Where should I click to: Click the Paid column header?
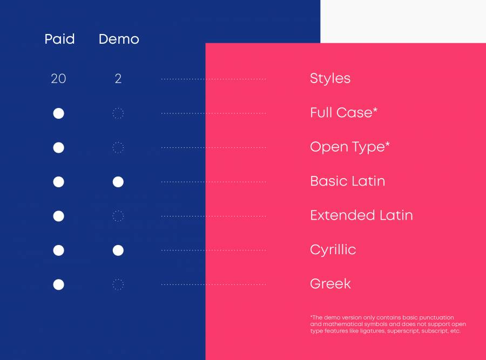[x=59, y=39]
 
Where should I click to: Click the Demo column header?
[x=119, y=39]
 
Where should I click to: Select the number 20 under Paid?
[x=58, y=79]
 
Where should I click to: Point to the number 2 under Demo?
[x=118, y=79]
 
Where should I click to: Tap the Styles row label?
[x=330, y=78]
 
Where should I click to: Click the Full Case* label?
[x=344, y=112]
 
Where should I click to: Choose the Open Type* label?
[x=349, y=147]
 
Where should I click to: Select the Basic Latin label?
[x=347, y=181]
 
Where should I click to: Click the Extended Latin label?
[x=361, y=215]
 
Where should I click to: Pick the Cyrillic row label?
[x=333, y=250]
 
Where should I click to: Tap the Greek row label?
[x=330, y=284]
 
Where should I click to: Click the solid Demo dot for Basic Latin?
[x=118, y=182]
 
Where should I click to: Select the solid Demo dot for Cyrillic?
[x=118, y=250]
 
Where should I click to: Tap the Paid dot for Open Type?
[x=58, y=147]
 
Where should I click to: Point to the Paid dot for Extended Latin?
[x=58, y=216]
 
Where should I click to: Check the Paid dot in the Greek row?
[x=58, y=284]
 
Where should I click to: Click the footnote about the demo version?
[x=388, y=324]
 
